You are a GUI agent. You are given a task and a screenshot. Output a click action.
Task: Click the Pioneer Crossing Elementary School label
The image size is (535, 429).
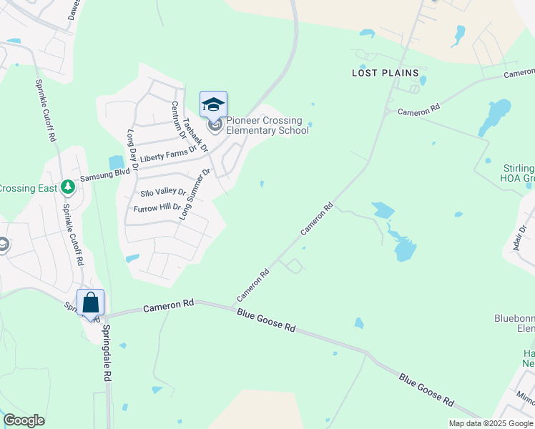pyautogui.click(x=267, y=125)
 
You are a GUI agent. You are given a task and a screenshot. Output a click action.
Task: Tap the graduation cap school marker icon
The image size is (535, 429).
pyautogui.click(x=213, y=104)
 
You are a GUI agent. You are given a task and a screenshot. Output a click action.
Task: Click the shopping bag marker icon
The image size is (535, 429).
pyautogui.click(x=91, y=302)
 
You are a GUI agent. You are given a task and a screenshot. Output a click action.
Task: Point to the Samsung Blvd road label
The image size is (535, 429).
pyautogui.click(x=104, y=173)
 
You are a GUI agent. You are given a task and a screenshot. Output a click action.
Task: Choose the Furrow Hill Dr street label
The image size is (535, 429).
pyautogui.click(x=158, y=208)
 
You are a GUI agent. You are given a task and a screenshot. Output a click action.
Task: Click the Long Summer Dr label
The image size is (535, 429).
pyautogui.click(x=195, y=193)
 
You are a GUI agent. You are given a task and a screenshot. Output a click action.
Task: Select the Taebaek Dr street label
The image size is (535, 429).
pyautogui.click(x=195, y=135)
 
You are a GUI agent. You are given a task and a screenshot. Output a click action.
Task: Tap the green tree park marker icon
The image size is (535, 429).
pyautogui.click(x=68, y=187)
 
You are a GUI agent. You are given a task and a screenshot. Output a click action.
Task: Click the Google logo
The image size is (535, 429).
pyautogui.click(x=24, y=420)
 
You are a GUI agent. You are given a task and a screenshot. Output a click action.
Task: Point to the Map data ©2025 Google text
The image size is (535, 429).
pyautogui.click(x=490, y=423)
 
